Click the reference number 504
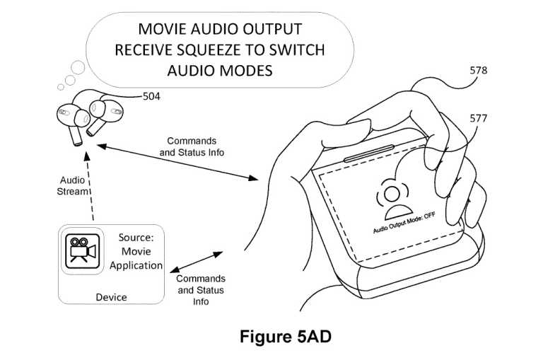pos(151,96)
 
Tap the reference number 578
pos(479,71)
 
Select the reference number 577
pos(479,118)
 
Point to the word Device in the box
pos(111,297)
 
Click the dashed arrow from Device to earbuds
pos(93,184)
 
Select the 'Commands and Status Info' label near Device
pos(201,290)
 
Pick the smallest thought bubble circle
pos(60,87)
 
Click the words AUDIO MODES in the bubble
pos(219,71)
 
